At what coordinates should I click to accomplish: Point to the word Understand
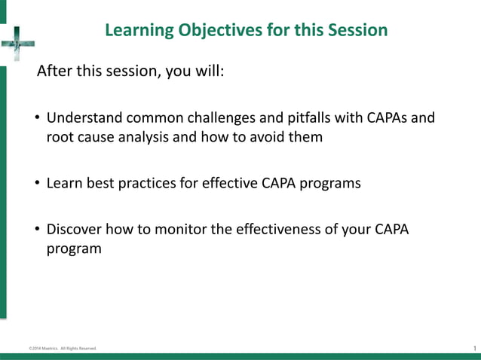click(x=84, y=119)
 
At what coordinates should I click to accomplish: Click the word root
click(x=60, y=137)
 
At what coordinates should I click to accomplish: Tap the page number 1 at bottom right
click(x=473, y=347)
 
